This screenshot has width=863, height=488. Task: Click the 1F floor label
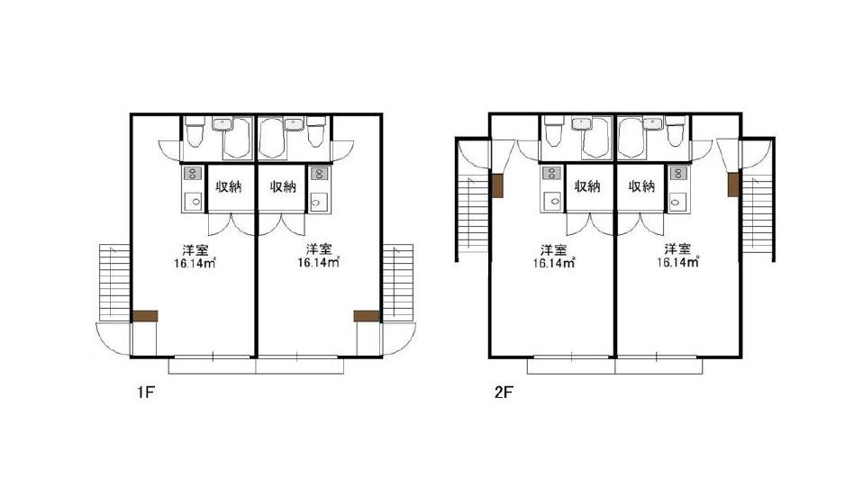(x=145, y=393)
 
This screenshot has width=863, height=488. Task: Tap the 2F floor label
(x=504, y=393)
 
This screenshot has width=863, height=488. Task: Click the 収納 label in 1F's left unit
(x=229, y=186)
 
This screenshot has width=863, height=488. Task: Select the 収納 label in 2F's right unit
(x=641, y=186)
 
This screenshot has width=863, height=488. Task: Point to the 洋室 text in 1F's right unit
(x=319, y=249)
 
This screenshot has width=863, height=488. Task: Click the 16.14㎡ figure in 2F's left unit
(x=554, y=263)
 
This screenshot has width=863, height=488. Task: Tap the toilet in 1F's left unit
(x=194, y=132)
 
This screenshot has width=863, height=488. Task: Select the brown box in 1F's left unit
(x=145, y=316)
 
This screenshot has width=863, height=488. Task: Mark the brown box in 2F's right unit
(x=733, y=185)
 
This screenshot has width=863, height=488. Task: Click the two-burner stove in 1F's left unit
(x=192, y=173)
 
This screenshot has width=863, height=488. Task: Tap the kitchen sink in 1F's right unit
(x=319, y=202)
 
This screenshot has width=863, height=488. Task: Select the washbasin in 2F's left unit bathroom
(x=581, y=124)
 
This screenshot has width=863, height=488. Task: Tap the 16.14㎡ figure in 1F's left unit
(x=195, y=263)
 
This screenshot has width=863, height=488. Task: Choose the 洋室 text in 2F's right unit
(x=677, y=249)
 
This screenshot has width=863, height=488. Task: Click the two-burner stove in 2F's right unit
(x=677, y=173)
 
